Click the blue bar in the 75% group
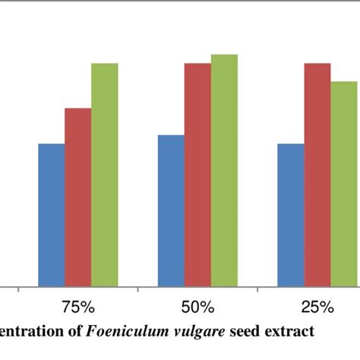pyautogui.click(x=52, y=215)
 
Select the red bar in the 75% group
pyautogui.click(x=78, y=197)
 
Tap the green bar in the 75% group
pyautogui.click(x=105, y=175)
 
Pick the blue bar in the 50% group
pyautogui.click(x=171, y=211)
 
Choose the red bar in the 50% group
pyautogui.click(x=197, y=175)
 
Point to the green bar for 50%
pyautogui.click(x=224, y=171)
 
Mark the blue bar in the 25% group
pyautogui.click(x=291, y=215)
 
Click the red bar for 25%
pyautogui.click(x=317, y=175)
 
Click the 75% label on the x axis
pyautogui.click(x=78, y=308)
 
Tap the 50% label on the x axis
pyautogui.click(x=197, y=308)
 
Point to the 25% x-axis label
pyautogui.click(x=317, y=308)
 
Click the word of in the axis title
pyautogui.click(x=80, y=332)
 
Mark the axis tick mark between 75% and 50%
pyautogui.click(x=138, y=289)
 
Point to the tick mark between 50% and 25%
pyautogui.click(x=257, y=289)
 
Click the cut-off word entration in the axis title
pyautogui.click(x=35, y=332)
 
